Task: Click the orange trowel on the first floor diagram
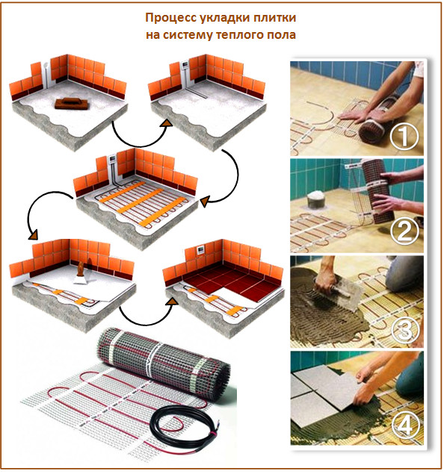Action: (x=68, y=102)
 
